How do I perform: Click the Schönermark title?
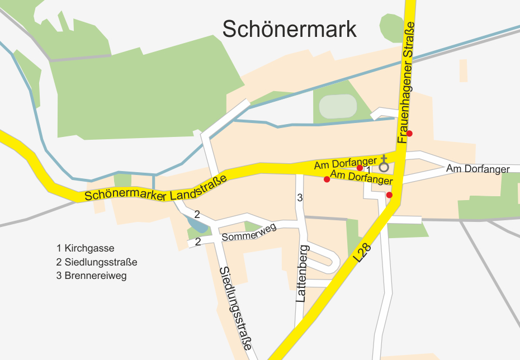coord(289,29)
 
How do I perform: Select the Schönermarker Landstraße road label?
coord(156,189)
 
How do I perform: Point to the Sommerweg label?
coord(249,235)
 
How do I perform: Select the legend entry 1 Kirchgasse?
coord(89,248)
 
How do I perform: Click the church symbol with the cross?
coord(384,164)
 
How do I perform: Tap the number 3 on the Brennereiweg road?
coord(300,197)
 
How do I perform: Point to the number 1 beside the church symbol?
coord(368,169)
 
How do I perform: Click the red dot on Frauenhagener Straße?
coord(409,133)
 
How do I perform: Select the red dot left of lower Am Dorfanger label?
coord(327,179)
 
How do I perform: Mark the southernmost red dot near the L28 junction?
coord(389,195)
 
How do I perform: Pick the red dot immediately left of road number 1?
coord(360,168)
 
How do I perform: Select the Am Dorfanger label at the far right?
coord(478,169)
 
